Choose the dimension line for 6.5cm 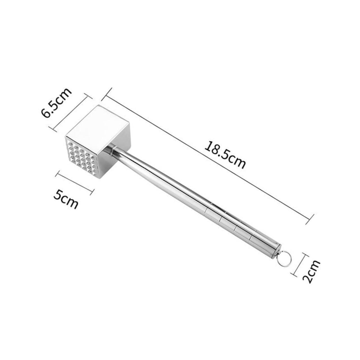tap(71, 112)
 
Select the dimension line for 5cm tap(75, 183)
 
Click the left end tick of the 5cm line tap(58, 174)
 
